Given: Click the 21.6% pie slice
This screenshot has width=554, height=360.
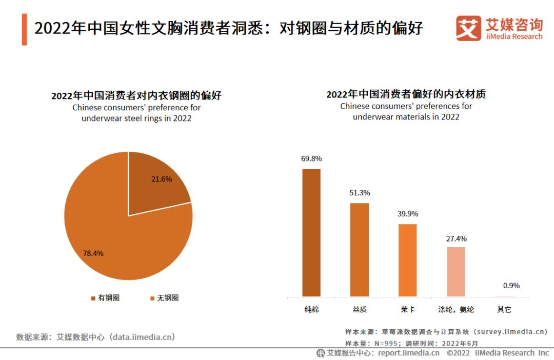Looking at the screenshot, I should coord(154,187).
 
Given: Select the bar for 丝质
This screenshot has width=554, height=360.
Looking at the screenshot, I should coord(360,250).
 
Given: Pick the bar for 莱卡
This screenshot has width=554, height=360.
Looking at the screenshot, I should coord(408,260).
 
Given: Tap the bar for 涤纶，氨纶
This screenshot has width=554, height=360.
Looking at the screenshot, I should coord(456,272).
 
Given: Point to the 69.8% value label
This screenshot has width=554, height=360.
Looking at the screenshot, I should coord(311,158).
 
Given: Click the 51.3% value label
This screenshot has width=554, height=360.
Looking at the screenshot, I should coord(360,193).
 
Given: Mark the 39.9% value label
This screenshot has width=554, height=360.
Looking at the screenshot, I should coord(408,214).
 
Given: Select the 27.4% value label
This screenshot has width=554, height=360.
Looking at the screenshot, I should coord(456,238).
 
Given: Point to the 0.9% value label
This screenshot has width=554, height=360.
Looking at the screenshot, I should coord(504,286).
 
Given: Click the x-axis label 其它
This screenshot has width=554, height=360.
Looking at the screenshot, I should coord(504,310).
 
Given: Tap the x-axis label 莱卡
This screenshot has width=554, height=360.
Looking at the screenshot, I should coord(408,310).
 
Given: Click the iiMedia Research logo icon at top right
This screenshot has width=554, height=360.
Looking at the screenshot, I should coord(468,28).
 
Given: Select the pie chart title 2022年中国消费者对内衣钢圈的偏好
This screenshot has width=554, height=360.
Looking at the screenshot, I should coord(136,95).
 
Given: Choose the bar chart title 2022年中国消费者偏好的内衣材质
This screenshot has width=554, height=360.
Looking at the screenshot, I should coord(406,94).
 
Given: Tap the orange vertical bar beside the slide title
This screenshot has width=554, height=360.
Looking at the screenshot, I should coord(24,30).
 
